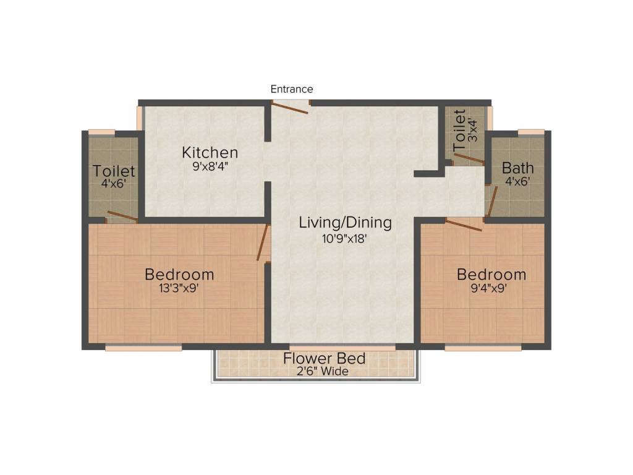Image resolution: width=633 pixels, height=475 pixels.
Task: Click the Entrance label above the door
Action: (292, 89)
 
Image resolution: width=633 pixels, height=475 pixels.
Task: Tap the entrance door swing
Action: (289, 108)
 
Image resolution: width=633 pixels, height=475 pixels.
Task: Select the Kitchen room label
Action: (210, 153)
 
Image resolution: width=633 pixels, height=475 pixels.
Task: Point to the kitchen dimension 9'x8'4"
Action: (210, 166)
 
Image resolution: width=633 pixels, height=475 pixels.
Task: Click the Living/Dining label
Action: (345, 223)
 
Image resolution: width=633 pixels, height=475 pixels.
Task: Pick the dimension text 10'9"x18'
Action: (344, 239)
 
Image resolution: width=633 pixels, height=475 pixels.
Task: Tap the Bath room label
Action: (517, 168)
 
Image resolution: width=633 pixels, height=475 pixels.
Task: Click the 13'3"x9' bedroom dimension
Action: (179, 288)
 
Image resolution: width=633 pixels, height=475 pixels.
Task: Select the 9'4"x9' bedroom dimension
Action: (489, 288)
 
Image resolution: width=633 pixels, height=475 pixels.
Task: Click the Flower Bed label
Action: (324, 358)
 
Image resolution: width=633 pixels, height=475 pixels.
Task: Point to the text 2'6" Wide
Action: (323, 371)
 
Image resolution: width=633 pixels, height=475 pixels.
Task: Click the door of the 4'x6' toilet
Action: (122, 216)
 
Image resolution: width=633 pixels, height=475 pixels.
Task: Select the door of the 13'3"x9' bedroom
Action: (263, 242)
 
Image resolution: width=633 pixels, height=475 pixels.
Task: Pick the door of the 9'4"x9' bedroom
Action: (464, 225)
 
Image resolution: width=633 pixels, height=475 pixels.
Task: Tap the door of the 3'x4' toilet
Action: (469, 159)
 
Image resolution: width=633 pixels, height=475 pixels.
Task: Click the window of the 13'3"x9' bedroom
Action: (143, 348)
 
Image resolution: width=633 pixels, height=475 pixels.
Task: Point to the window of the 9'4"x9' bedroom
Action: (483, 348)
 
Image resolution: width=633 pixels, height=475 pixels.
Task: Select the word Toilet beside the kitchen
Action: (114, 171)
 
